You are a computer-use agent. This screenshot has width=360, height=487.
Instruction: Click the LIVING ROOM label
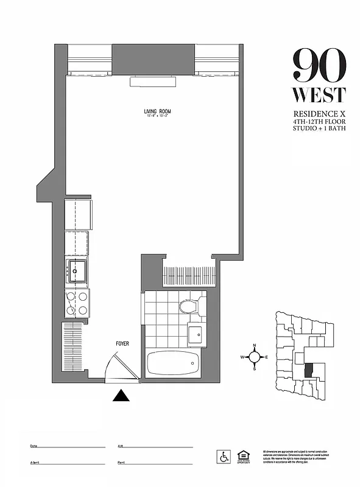(x=157, y=111)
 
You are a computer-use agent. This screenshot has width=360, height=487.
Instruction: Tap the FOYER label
(x=122, y=344)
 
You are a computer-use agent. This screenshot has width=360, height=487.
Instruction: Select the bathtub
(x=173, y=365)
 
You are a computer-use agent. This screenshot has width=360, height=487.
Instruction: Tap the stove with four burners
(x=77, y=303)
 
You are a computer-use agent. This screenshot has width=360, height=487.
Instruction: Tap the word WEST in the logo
(x=319, y=95)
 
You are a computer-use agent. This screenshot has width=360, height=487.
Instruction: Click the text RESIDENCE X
(x=319, y=114)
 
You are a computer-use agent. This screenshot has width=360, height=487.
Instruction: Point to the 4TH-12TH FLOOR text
(x=319, y=122)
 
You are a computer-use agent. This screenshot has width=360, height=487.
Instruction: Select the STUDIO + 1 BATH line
(x=319, y=130)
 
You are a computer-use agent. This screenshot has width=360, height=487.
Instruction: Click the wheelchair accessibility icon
(x=224, y=456)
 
